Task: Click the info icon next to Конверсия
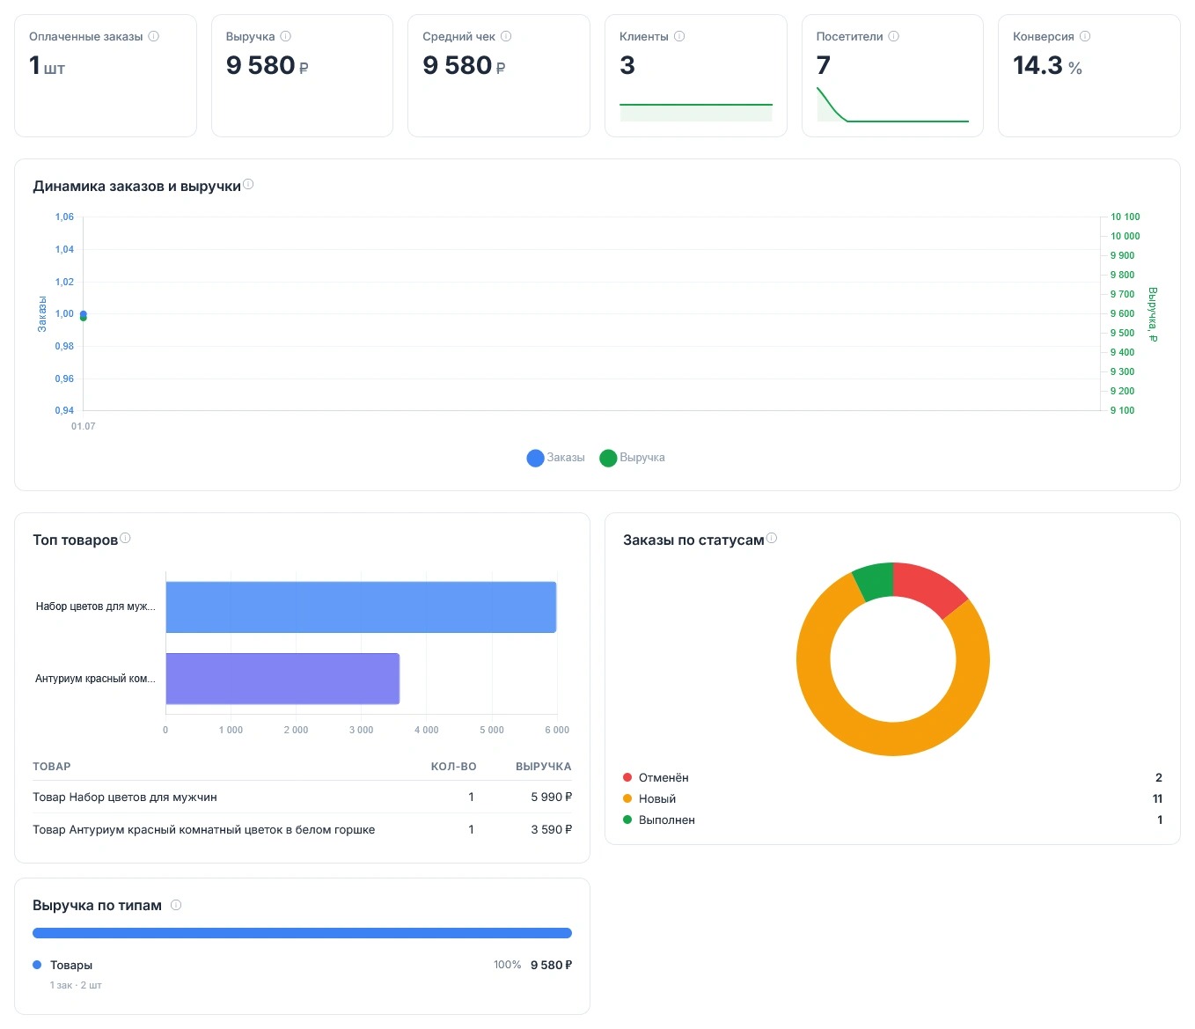click(x=1085, y=36)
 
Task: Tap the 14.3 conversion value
click(x=1037, y=65)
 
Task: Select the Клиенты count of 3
click(x=627, y=65)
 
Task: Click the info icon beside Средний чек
click(x=506, y=36)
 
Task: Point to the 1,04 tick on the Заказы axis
click(x=64, y=249)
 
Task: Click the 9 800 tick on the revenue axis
click(x=1122, y=275)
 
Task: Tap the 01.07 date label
click(x=84, y=426)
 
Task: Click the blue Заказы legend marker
click(x=535, y=458)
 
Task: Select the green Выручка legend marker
click(x=608, y=458)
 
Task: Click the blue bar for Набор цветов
click(x=361, y=606)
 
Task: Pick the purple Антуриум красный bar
click(x=282, y=679)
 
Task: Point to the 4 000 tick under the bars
click(x=426, y=730)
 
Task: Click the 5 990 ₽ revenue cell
click(x=551, y=797)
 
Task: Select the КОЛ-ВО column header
click(x=453, y=767)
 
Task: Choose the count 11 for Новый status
click(x=1157, y=798)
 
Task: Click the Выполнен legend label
click(x=667, y=820)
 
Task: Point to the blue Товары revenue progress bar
click(x=302, y=933)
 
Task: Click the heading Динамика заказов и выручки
click(x=136, y=187)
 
